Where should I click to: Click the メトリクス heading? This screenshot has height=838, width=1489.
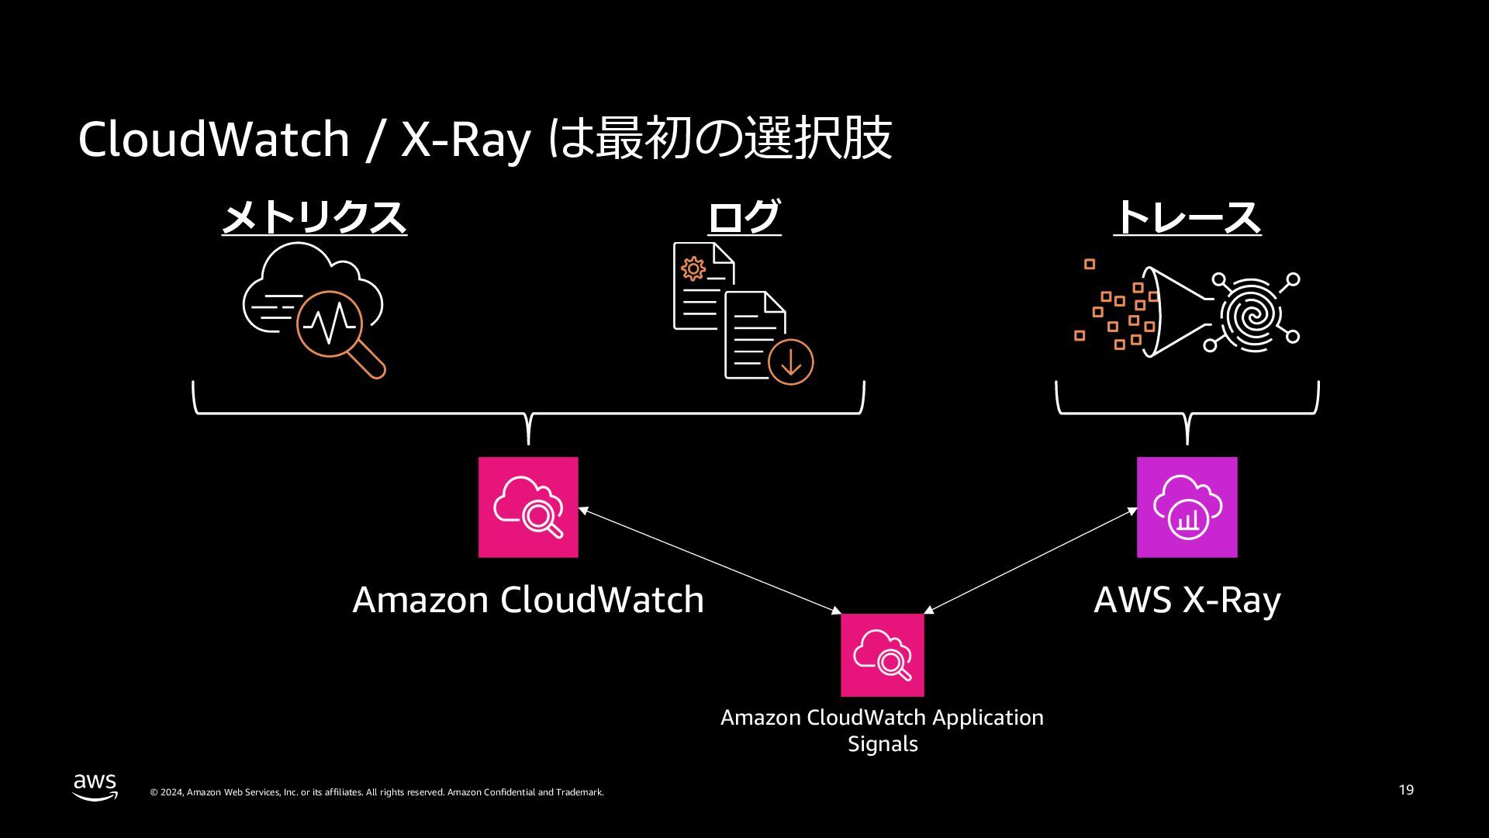[314, 217]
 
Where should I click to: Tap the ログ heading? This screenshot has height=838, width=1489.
[744, 217]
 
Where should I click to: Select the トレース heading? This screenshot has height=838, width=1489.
[1187, 217]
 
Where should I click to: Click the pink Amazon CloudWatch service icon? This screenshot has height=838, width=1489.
[528, 507]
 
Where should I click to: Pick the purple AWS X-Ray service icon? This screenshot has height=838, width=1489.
[1187, 507]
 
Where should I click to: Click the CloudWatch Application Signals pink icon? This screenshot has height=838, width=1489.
[883, 655]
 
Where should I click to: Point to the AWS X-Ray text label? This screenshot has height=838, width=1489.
[1187, 600]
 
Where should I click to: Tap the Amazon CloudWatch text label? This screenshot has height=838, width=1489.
[528, 600]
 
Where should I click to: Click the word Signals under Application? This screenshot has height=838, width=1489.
[883, 743]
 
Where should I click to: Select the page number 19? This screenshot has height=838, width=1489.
[1406, 790]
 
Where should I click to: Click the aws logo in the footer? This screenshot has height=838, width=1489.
[95, 786]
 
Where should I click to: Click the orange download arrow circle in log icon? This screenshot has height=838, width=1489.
[791, 362]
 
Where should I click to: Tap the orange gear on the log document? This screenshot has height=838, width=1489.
[693, 269]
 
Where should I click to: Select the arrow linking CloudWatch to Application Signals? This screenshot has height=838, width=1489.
[710, 561]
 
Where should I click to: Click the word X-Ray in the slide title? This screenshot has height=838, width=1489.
[465, 140]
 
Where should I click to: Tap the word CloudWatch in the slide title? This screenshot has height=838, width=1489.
[213, 140]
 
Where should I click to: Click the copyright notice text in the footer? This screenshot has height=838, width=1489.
[376, 792]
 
